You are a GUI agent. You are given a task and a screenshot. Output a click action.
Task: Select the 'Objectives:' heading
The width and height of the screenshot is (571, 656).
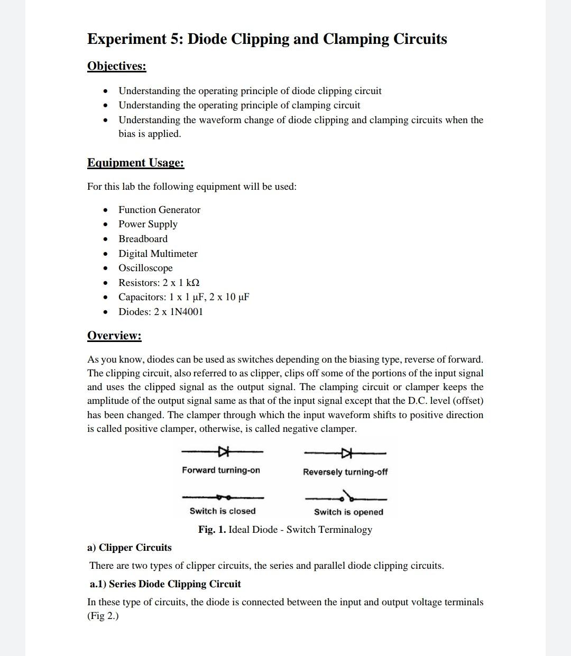click(x=116, y=66)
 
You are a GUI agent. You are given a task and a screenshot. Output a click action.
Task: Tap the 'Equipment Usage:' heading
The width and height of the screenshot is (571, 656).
click(x=135, y=163)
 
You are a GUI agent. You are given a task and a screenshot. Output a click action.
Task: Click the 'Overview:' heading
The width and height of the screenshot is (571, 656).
click(x=114, y=336)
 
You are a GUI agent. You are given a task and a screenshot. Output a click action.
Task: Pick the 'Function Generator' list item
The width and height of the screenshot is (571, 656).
click(x=159, y=210)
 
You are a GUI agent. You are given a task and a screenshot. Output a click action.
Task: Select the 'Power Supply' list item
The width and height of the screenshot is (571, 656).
click(x=148, y=224)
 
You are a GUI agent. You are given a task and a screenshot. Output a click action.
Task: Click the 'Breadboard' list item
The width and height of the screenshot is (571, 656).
click(x=143, y=239)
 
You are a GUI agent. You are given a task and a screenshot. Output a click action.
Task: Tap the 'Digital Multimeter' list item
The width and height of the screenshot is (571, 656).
click(x=158, y=254)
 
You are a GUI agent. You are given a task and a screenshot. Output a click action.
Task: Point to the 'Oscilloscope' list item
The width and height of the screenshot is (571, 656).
click(x=145, y=268)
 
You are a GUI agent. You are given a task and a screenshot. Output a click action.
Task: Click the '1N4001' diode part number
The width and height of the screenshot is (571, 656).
click(x=186, y=312)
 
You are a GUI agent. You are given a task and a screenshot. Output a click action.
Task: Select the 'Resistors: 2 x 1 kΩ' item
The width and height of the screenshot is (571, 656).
click(x=159, y=283)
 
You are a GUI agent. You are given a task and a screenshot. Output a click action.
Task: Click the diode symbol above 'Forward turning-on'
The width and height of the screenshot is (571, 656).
click(x=224, y=451)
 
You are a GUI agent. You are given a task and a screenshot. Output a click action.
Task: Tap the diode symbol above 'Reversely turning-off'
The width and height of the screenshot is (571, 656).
click(x=346, y=453)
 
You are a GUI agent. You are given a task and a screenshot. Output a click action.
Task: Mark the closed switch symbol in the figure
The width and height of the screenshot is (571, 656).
click(x=223, y=497)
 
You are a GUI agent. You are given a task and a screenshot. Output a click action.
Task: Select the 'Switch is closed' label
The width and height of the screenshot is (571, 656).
click(x=222, y=511)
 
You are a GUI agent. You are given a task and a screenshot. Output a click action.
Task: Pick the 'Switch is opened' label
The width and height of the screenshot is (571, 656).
click(x=348, y=512)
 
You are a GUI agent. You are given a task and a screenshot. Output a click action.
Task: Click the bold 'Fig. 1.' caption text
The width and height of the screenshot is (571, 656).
click(x=212, y=530)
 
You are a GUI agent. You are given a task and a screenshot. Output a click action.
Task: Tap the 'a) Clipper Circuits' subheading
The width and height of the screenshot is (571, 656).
click(x=130, y=548)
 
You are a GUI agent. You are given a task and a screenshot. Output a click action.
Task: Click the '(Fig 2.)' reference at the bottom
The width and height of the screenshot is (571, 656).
click(x=103, y=616)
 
